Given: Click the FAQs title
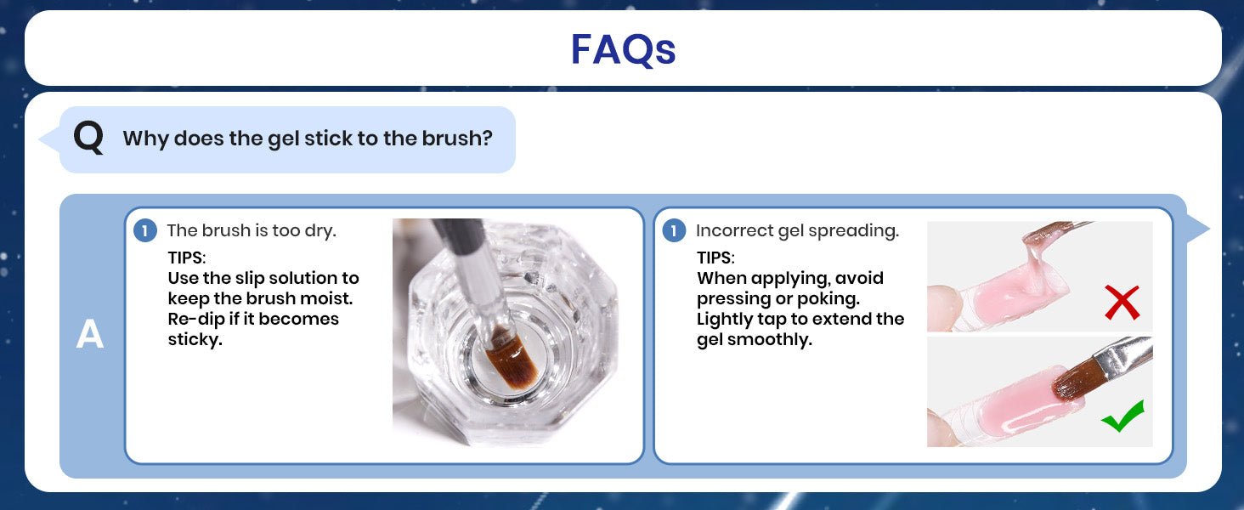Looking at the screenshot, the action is [623, 49].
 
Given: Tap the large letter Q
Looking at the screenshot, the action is [88, 138].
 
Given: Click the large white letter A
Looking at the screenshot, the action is [89, 334].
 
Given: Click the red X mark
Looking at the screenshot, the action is [1122, 303].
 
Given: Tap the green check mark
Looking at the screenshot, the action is [1123, 416].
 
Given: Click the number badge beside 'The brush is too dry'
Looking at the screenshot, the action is [145, 230].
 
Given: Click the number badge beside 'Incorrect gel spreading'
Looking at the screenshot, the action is [674, 230].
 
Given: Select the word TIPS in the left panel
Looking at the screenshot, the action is [185, 258].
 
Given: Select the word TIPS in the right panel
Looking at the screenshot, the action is [714, 258].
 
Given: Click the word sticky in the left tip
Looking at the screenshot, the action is [195, 339].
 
